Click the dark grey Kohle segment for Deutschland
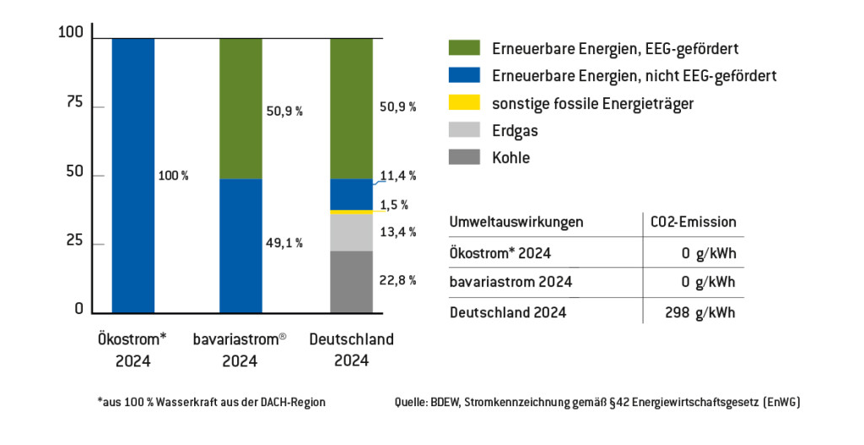point(351,282)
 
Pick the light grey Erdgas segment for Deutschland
point(351,232)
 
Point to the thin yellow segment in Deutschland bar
point(351,212)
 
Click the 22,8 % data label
point(399,281)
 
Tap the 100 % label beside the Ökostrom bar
point(174,176)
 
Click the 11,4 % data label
point(399,176)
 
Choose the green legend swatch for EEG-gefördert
point(459,48)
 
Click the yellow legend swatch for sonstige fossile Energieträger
point(459,104)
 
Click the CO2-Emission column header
point(694,222)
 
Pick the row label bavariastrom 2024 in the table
point(511,282)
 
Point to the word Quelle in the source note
point(412,403)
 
